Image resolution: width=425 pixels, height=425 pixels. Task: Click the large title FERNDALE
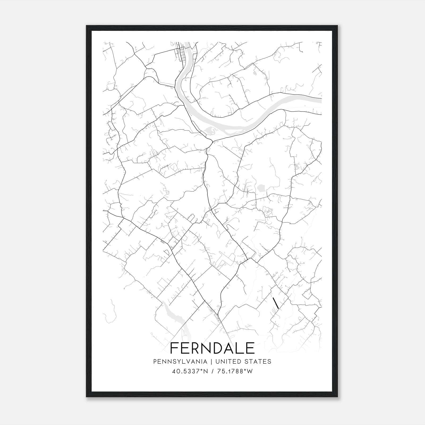tap(212, 348)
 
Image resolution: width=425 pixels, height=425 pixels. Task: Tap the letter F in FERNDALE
tap(174, 348)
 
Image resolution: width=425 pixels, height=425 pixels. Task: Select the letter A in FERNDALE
tap(228, 348)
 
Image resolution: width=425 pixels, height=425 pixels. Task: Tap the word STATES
tap(258, 362)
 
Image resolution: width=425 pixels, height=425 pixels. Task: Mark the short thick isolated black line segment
tap(276, 303)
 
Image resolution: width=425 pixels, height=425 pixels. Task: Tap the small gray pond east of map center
tap(261, 188)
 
